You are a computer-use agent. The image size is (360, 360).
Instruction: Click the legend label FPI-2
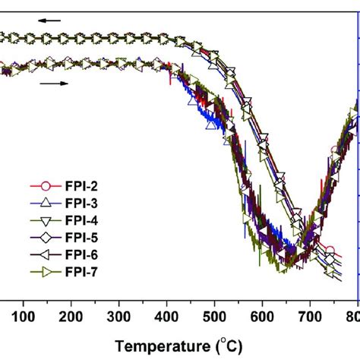[84, 185]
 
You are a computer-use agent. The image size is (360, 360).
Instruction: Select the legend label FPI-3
[84, 203]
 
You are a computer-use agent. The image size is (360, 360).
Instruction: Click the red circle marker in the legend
[45, 185]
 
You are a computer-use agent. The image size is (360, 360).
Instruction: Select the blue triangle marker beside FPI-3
[45, 203]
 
